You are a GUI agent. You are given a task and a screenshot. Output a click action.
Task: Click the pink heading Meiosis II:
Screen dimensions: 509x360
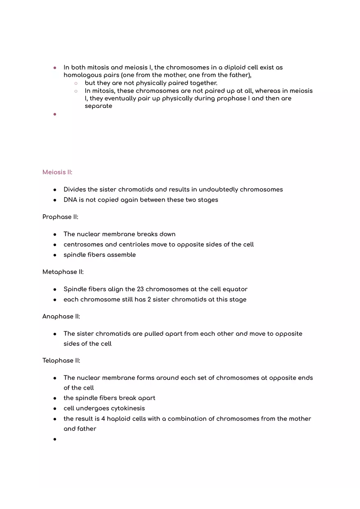57,172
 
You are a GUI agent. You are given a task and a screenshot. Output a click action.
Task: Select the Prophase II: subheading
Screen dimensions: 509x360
60,217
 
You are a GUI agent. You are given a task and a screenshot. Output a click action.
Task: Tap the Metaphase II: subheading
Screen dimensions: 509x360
63,272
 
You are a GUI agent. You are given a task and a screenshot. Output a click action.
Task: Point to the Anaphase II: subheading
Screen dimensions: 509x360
61,316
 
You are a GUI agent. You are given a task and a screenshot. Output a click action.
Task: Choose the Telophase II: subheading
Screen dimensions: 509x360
61,361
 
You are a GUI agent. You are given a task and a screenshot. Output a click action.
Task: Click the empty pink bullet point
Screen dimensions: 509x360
54,114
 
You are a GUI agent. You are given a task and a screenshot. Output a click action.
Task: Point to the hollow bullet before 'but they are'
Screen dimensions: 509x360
76,83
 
